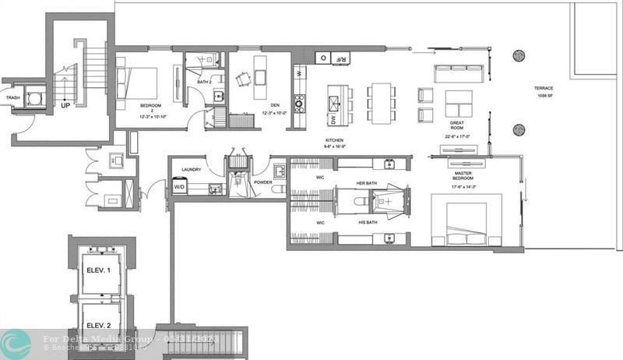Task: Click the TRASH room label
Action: click(x=12, y=97)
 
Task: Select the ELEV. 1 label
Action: click(x=99, y=270)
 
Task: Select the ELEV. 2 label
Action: click(x=99, y=325)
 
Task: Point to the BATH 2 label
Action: click(x=204, y=82)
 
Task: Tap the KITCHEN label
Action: click(x=335, y=141)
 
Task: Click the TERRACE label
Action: click(x=544, y=88)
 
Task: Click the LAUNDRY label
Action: click(x=192, y=169)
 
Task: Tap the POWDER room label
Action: click(x=263, y=182)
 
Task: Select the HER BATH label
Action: click(x=366, y=182)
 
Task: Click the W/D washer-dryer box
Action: click(x=179, y=187)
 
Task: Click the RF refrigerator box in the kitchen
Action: click(x=341, y=58)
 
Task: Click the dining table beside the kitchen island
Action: click(x=381, y=103)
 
